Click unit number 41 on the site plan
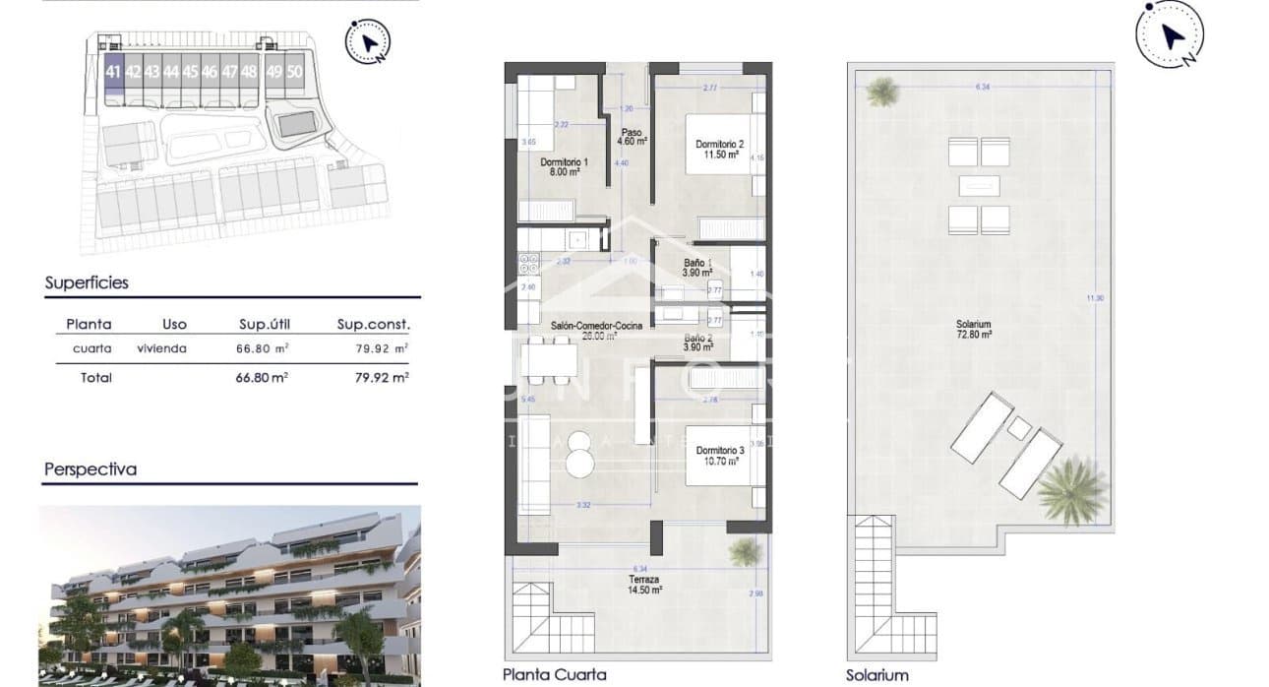click(113, 72)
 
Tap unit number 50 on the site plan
click(294, 72)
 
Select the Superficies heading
click(87, 282)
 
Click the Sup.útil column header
click(265, 324)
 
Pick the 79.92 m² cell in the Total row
click(382, 377)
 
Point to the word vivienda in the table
click(162, 348)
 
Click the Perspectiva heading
click(91, 469)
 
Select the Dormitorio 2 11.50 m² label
click(713, 150)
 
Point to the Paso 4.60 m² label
click(631, 137)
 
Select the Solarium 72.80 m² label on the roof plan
click(973, 330)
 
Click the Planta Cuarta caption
click(554, 674)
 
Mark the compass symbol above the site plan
click(368, 41)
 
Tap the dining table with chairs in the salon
click(549, 359)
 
